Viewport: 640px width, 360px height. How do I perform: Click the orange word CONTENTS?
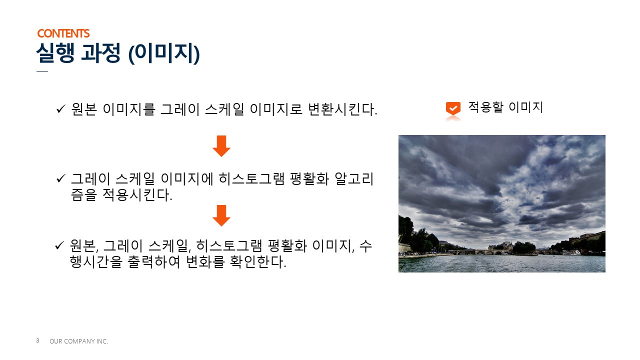point(63,33)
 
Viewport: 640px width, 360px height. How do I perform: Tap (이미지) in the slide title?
point(164,54)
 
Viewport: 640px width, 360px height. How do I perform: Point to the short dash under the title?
point(42,71)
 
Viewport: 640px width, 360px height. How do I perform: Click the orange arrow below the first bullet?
point(221,146)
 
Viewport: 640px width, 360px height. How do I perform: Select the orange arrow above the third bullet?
point(221,215)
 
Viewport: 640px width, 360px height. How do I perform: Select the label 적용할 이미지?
point(505,107)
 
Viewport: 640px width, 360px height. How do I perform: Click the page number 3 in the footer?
point(37,340)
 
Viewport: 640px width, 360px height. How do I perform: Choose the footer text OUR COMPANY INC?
point(79,341)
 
